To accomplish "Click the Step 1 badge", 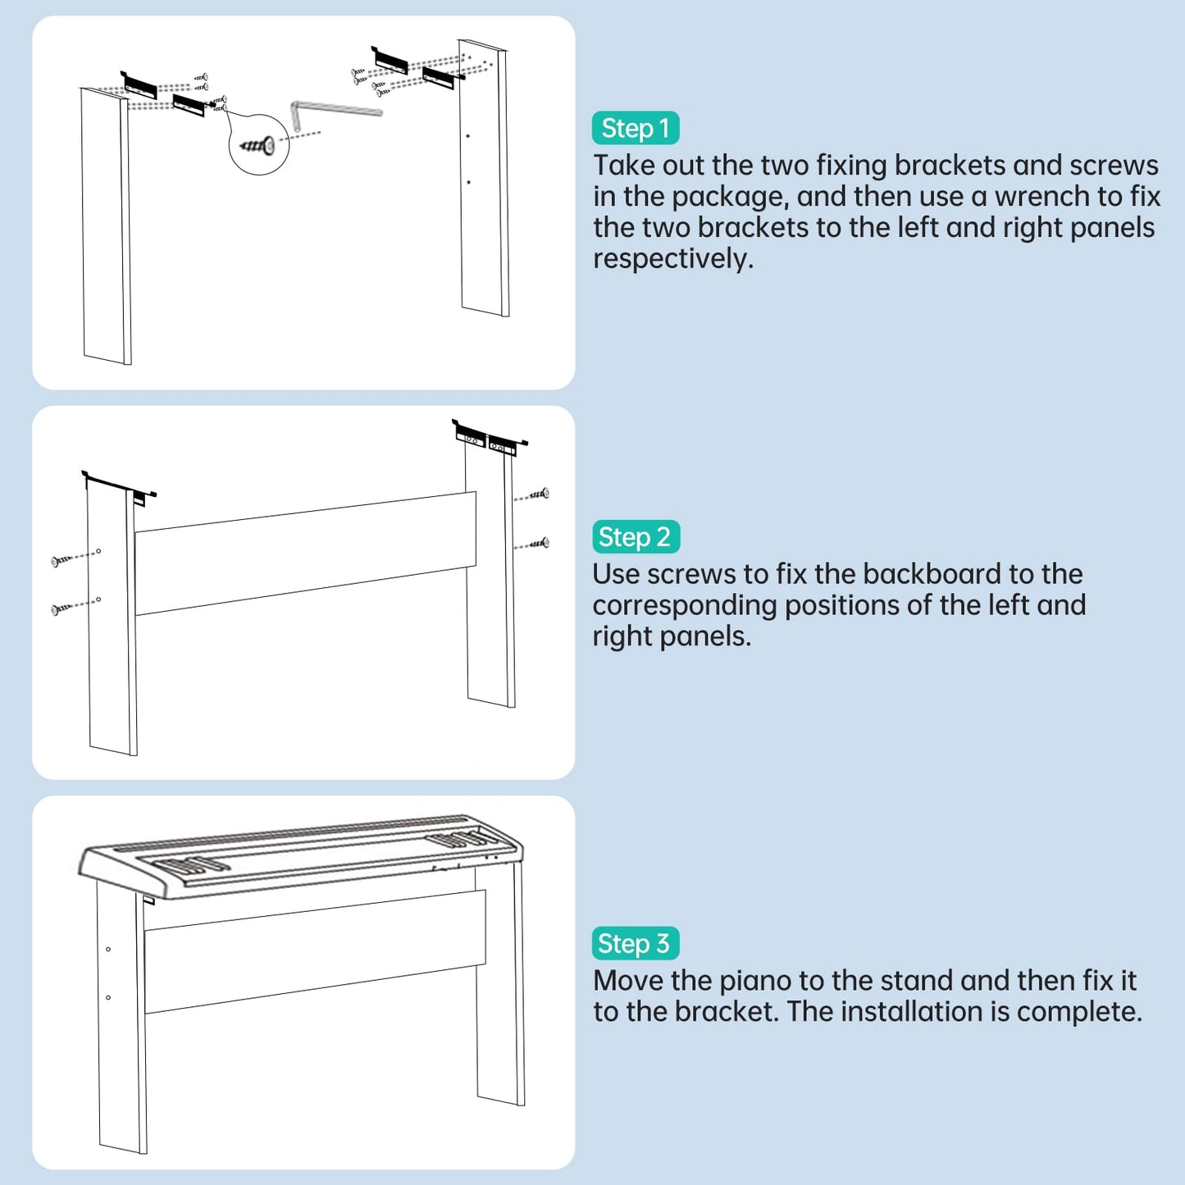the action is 636,128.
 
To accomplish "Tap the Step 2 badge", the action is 636,537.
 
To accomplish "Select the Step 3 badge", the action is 636,943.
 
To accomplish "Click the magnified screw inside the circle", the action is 258,146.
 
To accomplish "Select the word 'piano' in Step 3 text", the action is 754,982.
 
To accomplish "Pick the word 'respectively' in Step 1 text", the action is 672,259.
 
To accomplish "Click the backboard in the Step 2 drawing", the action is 305,554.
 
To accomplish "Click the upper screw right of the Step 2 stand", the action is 532,495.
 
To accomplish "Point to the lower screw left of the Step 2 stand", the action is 75,606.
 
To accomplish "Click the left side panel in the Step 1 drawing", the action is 106,226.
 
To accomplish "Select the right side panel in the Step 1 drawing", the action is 484,178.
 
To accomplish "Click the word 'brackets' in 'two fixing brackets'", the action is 948,166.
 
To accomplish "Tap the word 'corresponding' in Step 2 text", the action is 684,606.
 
